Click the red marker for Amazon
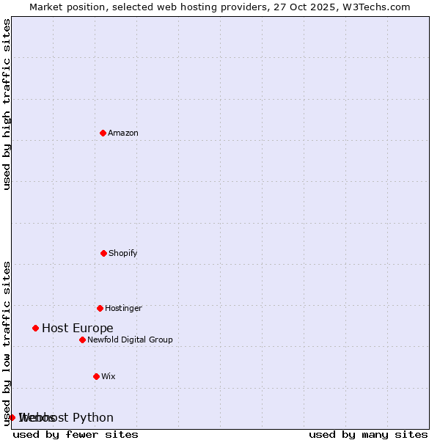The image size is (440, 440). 103,133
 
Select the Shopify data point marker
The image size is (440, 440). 103,253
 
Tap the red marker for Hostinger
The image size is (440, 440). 100,308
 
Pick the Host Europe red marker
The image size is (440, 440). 35,328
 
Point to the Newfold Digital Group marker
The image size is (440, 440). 82,340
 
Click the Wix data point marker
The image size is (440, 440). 96,376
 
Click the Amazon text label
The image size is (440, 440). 123,133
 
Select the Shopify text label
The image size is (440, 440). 123,253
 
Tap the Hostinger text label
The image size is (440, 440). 123,308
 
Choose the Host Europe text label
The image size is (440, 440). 78,328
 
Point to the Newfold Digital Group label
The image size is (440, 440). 130,340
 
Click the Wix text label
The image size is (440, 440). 109,376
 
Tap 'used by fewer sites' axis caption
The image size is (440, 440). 76,434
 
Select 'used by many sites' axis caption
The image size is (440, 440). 368,434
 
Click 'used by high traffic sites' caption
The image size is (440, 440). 7,104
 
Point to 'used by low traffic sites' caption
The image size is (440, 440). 7,342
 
